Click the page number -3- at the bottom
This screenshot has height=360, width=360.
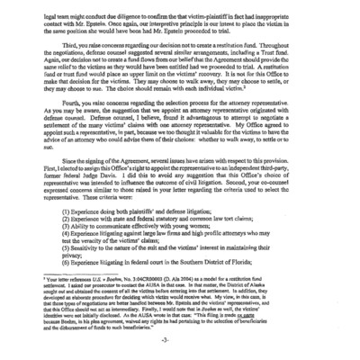click(180, 344)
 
